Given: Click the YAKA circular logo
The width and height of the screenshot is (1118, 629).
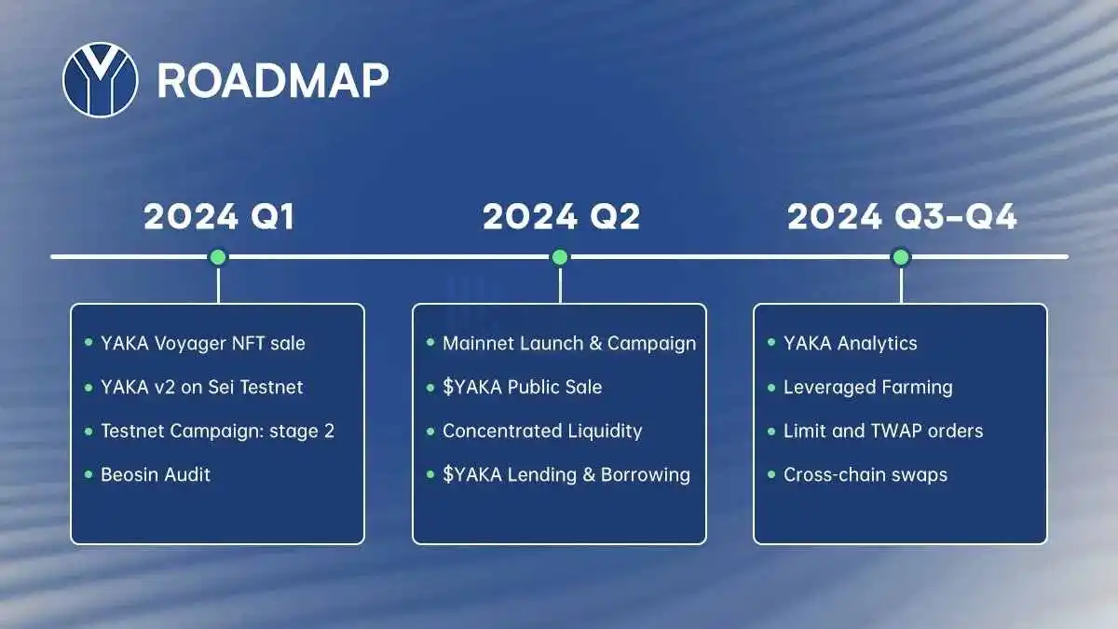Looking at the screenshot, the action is pyautogui.click(x=101, y=80).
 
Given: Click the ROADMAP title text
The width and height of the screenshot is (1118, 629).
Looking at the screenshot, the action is pyautogui.click(x=273, y=80).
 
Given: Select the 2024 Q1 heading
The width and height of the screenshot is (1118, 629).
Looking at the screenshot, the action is pyautogui.click(x=219, y=216).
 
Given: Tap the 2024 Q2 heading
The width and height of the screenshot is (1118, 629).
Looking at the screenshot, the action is pyautogui.click(x=561, y=216).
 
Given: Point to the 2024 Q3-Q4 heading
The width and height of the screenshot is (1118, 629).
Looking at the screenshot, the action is pyautogui.click(x=902, y=216).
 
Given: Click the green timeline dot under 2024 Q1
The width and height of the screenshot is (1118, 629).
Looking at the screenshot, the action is pyautogui.click(x=218, y=257).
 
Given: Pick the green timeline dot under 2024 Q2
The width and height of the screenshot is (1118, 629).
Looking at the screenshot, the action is pyautogui.click(x=560, y=257).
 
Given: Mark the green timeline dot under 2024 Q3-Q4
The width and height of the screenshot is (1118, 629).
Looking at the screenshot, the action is pyautogui.click(x=901, y=257).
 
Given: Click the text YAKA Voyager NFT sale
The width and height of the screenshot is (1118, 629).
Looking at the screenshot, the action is pyautogui.click(x=203, y=344).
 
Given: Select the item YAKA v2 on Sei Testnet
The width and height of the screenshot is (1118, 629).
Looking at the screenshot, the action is pyautogui.click(x=201, y=388).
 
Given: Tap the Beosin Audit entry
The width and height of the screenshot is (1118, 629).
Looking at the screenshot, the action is pyautogui.click(x=156, y=474).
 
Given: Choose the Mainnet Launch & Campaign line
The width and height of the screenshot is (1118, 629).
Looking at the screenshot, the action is pyautogui.click(x=569, y=344).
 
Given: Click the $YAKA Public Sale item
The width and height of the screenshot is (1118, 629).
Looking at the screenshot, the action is pyautogui.click(x=522, y=388).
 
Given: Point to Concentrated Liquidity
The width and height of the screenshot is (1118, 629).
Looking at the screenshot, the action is pyautogui.click(x=542, y=431).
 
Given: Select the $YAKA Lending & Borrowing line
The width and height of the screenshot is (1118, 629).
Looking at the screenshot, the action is pyautogui.click(x=566, y=474).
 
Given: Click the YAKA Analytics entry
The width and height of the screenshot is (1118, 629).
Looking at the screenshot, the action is pyautogui.click(x=850, y=344).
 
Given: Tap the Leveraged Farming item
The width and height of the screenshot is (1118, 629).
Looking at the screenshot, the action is pyautogui.click(x=868, y=388).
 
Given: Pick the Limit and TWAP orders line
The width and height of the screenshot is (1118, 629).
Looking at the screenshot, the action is pyautogui.click(x=883, y=431).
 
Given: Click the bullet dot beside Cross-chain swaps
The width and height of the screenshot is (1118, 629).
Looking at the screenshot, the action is pyautogui.click(x=771, y=474).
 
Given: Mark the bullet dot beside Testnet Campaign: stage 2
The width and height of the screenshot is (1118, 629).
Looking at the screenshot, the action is pyautogui.click(x=89, y=431).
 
